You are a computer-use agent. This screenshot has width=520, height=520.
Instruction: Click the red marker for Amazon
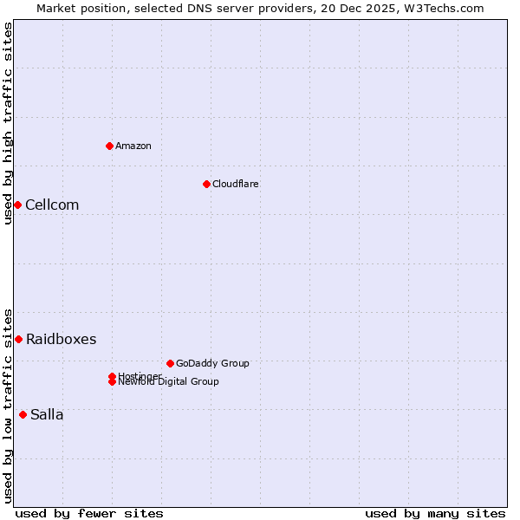(x=109, y=146)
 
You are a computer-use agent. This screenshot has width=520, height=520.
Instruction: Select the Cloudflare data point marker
(x=206, y=184)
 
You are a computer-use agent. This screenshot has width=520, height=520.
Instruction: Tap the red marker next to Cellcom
(x=17, y=205)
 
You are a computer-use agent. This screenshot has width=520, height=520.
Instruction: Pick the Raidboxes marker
(x=18, y=339)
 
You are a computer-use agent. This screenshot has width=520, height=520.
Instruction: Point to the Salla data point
(x=23, y=414)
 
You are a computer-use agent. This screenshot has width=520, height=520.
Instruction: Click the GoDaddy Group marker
(x=170, y=363)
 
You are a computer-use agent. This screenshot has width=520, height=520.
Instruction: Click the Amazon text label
(x=133, y=146)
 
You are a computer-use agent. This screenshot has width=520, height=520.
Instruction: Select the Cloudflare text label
(x=236, y=184)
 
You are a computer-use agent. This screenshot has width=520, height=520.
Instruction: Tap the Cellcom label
(x=52, y=205)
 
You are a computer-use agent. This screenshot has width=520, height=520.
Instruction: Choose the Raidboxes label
(x=61, y=340)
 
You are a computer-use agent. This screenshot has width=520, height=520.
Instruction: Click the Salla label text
(x=47, y=415)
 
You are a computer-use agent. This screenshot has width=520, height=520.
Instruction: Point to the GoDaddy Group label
(x=212, y=363)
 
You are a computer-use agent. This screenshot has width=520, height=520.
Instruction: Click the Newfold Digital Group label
(x=169, y=382)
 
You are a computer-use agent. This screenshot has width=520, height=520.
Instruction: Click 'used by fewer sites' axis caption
(x=89, y=513)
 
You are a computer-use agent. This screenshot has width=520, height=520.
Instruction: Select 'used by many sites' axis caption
(x=435, y=513)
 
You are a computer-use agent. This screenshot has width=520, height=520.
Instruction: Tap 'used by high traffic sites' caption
(x=8, y=123)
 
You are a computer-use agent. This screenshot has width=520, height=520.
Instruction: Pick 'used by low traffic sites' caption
(x=8, y=406)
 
